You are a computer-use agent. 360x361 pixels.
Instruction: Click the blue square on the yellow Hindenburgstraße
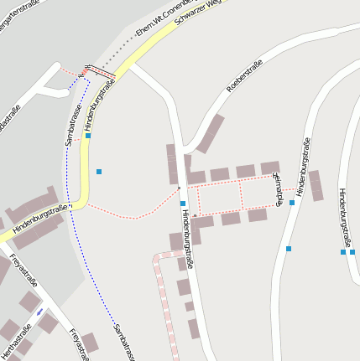[x=88, y=135]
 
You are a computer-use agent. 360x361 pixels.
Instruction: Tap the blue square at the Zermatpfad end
[x=292, y=203]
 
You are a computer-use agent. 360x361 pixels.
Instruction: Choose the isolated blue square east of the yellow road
[x=99, y=172]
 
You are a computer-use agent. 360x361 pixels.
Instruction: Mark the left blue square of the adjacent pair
[x=342, y=251]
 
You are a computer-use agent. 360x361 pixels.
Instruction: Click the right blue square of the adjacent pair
[x=352, y=251]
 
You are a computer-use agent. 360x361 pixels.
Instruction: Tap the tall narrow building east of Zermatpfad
[x=316, y=186]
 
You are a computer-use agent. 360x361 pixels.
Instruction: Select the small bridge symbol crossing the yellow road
[x=97, y=72]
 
